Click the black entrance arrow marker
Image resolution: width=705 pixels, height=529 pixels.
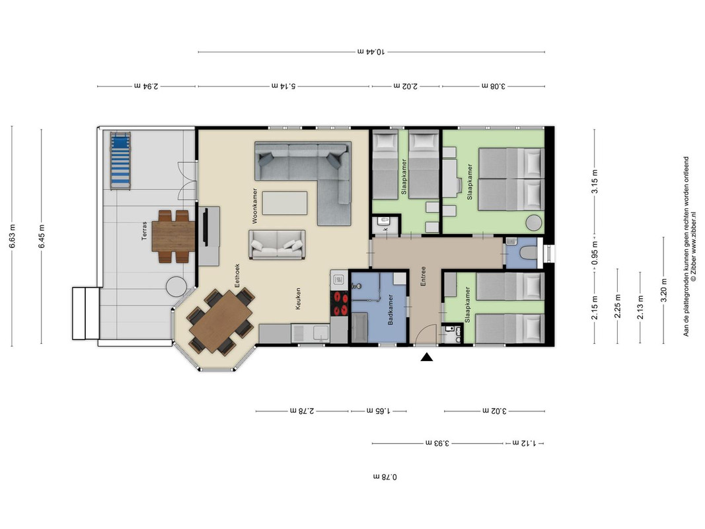tap(426, 357)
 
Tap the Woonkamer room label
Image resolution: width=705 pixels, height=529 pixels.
tap(255, 206)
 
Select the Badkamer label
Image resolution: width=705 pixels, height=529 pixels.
tap(390, 310)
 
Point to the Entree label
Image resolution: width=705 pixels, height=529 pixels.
tap(423, 276)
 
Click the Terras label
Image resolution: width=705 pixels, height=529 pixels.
tap(144, 231)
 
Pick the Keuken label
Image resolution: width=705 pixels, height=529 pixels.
tap(297, 299)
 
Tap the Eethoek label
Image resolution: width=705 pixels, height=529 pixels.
tap(237, 275)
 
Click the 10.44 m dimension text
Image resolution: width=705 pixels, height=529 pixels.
tap(371, 52)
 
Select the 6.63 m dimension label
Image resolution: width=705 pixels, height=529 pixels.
tap(12, 235)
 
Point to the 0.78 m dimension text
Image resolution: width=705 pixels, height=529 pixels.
tap(385, 476)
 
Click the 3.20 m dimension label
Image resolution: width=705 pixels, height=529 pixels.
tap(663, 290)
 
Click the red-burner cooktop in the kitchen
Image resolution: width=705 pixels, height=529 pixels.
tap(340, 303)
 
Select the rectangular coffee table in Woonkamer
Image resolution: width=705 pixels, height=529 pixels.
tap(285, 203)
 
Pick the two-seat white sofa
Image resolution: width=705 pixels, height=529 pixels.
tap(278, 245)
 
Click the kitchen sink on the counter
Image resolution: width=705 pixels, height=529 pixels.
tap(321, 333)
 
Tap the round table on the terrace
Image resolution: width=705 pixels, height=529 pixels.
tap(176, 286)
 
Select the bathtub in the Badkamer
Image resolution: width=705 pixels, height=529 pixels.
tap(359, 328)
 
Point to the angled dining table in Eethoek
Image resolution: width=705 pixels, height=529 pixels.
tap(221, 321)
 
